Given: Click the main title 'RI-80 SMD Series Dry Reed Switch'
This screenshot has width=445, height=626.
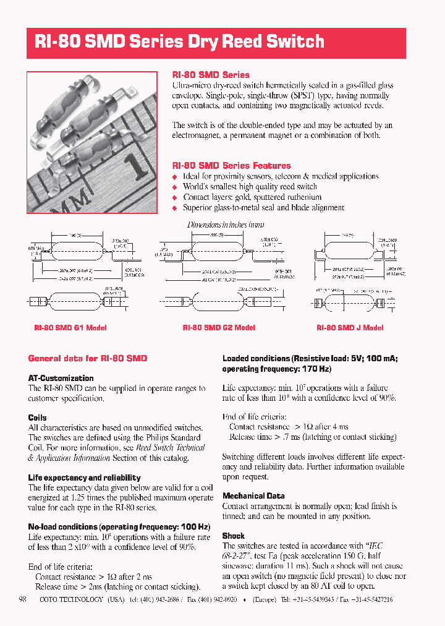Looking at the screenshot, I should [x=179, y=42].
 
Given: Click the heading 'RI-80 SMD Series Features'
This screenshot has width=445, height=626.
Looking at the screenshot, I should [x=231, y=166].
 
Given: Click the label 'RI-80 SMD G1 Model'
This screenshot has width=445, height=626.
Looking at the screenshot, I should [x=70, y=328].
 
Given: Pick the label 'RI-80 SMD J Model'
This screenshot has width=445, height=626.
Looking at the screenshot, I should [x=350, y=328].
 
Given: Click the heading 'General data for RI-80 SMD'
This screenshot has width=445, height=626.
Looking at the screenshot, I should [x=88, y=358].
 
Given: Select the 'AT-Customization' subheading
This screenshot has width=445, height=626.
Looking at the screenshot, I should [x=61, y=378].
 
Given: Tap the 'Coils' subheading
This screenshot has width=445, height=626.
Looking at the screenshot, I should [x=38, y=418].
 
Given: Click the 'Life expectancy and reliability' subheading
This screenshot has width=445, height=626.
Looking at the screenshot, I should [x=85, y=478].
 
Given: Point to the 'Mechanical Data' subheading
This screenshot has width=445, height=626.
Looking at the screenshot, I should [x=253, y=495].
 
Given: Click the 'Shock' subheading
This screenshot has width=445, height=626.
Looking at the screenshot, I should [x=234, y=536].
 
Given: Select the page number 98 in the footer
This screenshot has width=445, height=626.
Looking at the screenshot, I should [x=23, y=599].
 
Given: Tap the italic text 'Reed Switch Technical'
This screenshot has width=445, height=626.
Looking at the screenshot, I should [x=171, y=447].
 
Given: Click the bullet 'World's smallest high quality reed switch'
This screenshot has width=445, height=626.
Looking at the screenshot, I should [x=250, y=187].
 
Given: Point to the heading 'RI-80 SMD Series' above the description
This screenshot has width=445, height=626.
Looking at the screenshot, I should [x=211, y=75].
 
